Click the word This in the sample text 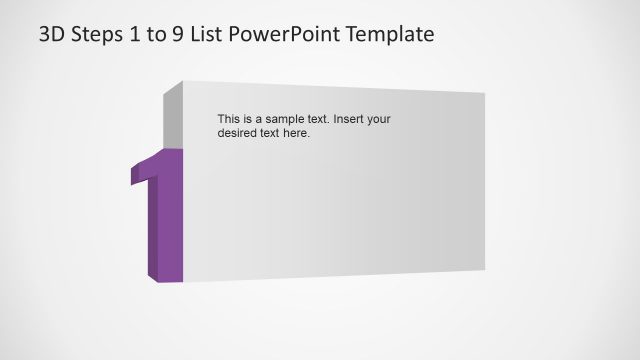229,119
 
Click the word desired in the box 238,133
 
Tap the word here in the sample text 296,133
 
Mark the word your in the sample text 378,119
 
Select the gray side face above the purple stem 172,115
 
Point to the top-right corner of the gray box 484,94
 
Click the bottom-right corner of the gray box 484,269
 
